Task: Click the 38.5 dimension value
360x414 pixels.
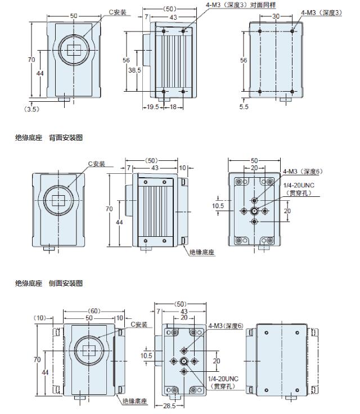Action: [x=134, y=70]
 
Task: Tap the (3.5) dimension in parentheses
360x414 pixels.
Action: [x=31, y=109]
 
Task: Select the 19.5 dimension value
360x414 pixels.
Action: [x=152, y=107]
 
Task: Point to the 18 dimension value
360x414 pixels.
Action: [x=173, y=107]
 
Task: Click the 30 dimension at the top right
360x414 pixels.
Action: [x=276, y=16]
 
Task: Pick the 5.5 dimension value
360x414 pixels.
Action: [x=244, y=107]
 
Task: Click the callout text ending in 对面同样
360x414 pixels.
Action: [x=241, y=5]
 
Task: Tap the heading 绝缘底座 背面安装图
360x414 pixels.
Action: [x=49, y=138]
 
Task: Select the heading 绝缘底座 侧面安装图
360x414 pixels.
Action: [x=49, y=283]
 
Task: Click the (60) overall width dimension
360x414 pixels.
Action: [x=94, y=311]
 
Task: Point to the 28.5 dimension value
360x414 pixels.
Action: [x=169, y=406]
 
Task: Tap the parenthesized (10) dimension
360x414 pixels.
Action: [x=40, y=318]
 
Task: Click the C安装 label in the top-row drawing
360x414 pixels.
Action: [x=118, y=12]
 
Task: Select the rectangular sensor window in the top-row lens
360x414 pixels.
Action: [x=74, y=50]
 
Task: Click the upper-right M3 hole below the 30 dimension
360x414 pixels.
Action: [x=292, y=31]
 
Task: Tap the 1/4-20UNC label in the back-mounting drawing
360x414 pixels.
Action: [x=299, y=186]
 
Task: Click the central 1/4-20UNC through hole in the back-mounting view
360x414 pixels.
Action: [x=254, y=211]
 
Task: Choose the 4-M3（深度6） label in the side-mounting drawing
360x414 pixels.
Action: [x=226, y=326]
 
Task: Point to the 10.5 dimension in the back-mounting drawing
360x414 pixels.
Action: [x=218, y=206]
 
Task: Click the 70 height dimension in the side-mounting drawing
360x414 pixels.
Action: [x=37, y=359]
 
